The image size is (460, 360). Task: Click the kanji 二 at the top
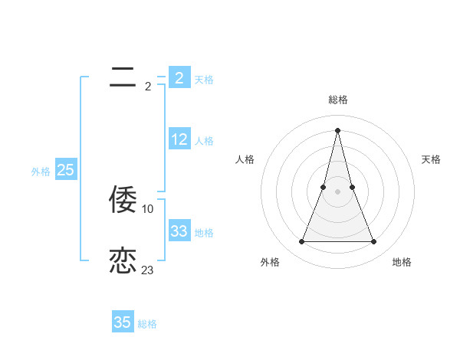coord(123,77)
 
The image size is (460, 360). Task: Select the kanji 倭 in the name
coord(123,199)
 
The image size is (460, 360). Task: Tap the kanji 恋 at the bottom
coord(123,260)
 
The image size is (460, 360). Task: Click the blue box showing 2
coord(179,77)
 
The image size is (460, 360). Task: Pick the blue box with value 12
coord(179,139)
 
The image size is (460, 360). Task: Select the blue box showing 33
coord(179,231)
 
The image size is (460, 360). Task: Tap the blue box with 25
coord(65,170)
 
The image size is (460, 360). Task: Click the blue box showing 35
coord(123,322)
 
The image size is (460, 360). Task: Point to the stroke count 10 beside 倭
coord(148,208)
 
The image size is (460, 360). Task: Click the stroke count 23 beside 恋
coord(147,270)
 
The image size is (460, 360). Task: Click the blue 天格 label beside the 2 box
coord(204,79)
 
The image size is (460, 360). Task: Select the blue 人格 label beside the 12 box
coord(204,141)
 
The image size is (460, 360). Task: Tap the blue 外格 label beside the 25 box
coord(41,172)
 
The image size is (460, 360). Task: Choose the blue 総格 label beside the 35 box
coord(147,324)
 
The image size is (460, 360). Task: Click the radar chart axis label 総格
coord(337,100)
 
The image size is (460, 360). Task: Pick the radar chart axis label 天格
coord(431,159)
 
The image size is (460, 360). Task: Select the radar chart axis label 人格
coord(245,159)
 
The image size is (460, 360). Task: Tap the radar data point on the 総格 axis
coord(337,129)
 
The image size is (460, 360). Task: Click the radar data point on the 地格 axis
coord(374,242)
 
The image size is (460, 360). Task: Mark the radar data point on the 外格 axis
coord(301,242)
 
